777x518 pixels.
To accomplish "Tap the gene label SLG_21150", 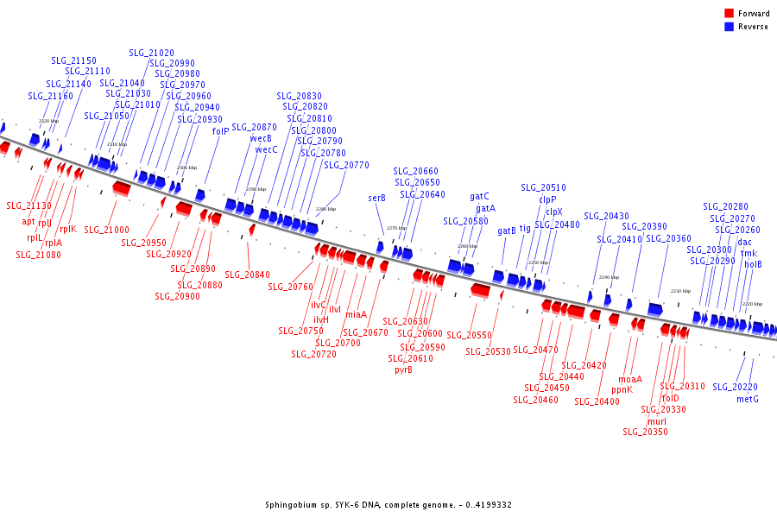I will coord(73,60).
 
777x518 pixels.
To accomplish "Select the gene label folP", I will coord(221,131).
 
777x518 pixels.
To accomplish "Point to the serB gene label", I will coord(377,198).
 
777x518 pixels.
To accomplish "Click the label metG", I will coord(748,399).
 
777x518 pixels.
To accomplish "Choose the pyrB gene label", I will coord(403,370).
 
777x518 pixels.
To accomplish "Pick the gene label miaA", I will coord(356,314).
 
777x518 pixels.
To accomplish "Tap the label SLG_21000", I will coord(106,230).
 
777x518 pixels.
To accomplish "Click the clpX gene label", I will coord(553,212).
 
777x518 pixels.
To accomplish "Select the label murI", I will coord(657,420).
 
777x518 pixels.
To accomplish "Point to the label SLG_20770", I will coord(346,165).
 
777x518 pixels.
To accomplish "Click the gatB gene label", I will coord(507,231).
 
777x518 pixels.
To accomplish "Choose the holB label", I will coord(753,264).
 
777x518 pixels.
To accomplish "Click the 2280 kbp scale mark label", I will coord(325,209).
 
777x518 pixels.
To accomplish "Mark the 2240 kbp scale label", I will coord(609,277).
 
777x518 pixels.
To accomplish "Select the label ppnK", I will coord(622,389).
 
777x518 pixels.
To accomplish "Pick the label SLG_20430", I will coord(606,216).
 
